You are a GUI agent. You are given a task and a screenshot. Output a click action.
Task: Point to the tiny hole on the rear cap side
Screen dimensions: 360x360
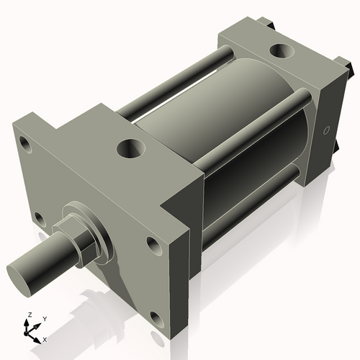point(325,131)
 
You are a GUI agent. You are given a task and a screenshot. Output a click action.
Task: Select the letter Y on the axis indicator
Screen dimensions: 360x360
point(44,318)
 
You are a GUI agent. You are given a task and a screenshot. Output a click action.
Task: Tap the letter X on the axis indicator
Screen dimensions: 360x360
point(45,338)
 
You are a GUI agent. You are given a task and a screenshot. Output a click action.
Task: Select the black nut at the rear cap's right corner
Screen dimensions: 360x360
point(351,72)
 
